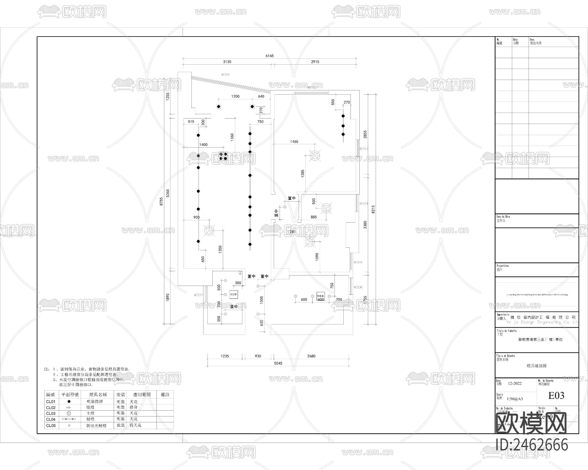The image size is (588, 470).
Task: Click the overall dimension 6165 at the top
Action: point(269,56)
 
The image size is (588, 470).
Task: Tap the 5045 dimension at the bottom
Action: point(278,363)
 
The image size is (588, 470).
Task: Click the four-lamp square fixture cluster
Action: point(223,156)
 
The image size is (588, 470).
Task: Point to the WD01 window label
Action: point(225,75)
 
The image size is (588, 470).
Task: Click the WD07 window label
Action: point(198,295)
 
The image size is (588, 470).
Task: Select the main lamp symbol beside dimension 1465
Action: point(314,156)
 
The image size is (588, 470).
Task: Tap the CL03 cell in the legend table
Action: point(51,414)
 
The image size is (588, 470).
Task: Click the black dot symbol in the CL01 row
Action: point(69,401)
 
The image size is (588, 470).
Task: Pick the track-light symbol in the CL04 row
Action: point(69,419)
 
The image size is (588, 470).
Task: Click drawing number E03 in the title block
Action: point(556,396)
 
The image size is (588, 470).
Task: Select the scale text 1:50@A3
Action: point(514,399)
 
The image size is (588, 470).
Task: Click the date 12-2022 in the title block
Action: point(514,384)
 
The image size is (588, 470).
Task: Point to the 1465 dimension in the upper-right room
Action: point(294,142)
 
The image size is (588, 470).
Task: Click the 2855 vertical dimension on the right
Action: point(366,134)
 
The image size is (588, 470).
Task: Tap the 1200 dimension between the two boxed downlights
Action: point(235,96)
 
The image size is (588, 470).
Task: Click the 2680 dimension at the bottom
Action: point(311,356)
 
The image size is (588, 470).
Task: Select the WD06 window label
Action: point(358,287)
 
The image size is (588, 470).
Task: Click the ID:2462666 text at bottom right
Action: point(532,445)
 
